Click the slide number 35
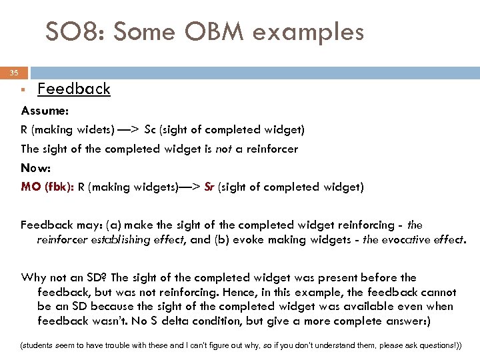[14, 73]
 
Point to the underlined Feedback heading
[74, 89]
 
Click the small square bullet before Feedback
[23, 89]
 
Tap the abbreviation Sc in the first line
[152, 129]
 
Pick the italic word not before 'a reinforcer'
[224, 149]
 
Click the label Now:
[37, 168]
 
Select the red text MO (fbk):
[48, 187]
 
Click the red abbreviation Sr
[209, 187]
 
